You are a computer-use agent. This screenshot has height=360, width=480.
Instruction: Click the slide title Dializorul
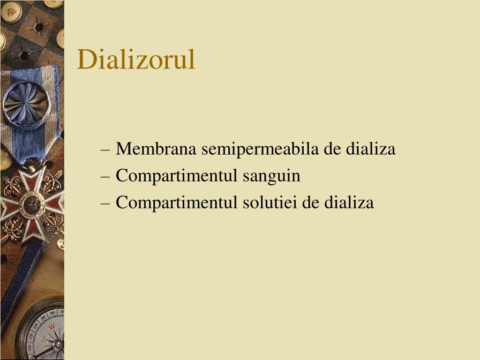click(x=136, y=60)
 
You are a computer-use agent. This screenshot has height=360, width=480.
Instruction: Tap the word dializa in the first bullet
click(x=371, y=149)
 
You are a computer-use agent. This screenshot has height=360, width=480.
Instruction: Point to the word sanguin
click(x=271, y=176)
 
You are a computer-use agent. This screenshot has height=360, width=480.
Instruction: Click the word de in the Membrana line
click(x=332, y=149)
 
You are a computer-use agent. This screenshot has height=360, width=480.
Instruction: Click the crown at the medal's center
click(x=32, y=203)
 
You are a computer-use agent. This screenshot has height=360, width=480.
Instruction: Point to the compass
click(x=45, y=333)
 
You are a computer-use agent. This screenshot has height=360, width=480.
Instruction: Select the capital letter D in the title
click(x=87, y=60)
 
